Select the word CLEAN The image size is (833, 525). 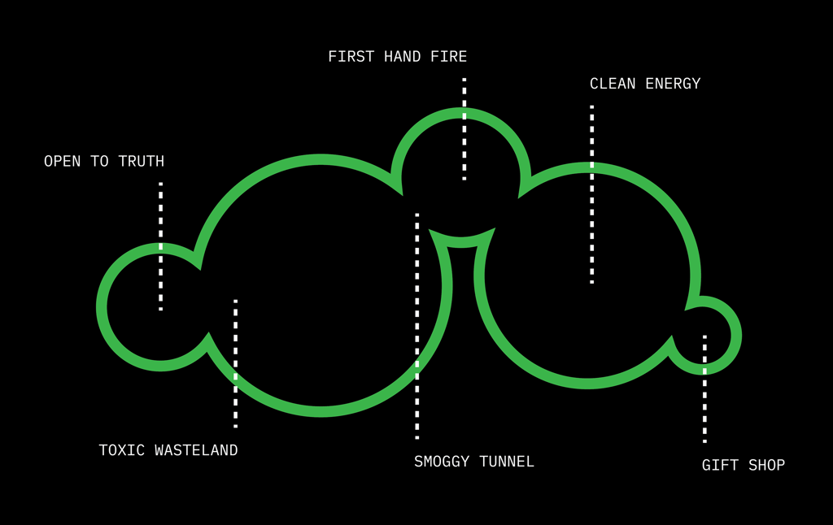point(613,84)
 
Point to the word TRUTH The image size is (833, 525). point(142,162)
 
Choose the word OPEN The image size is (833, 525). point(63,162)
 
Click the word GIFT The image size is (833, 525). point(719,466)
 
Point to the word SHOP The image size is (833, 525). point(767,466)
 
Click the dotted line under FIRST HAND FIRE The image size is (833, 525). point(464,128)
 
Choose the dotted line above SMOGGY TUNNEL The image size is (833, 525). point(417,325)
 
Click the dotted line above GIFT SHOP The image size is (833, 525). point(704,388)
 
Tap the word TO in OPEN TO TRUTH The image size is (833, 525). point(99,162)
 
